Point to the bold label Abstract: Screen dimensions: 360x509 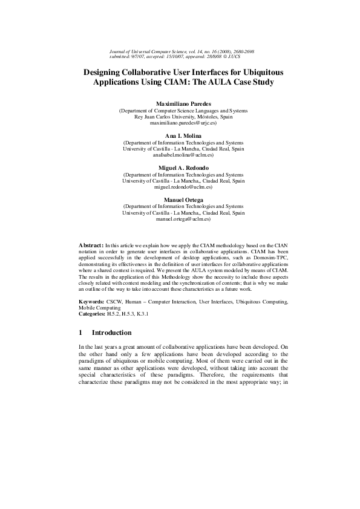[x=91, y=244]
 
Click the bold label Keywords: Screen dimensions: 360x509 [x=92, y=301]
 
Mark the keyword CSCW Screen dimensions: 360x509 [x=113, y=301]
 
